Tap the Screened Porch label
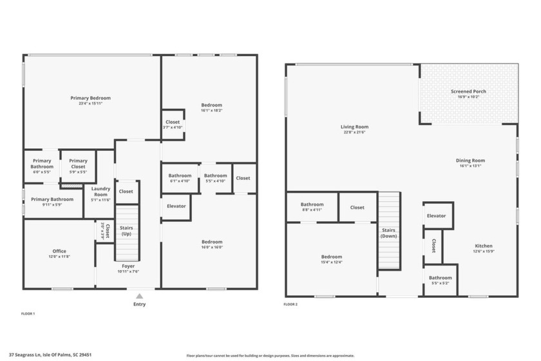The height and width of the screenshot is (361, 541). (468, 92)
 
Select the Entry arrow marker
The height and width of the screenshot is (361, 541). (139, 296)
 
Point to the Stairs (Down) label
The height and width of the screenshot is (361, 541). (389, 233)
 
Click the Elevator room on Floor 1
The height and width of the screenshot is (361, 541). (176, 206)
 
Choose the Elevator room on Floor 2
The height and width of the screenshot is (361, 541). (436, 216)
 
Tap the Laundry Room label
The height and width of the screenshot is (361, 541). (100, 192)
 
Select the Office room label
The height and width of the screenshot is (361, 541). (59, 251)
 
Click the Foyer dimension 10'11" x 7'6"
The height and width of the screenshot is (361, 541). (129, 271)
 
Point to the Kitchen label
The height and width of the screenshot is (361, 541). (483, 246)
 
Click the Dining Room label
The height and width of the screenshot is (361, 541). (471, 161)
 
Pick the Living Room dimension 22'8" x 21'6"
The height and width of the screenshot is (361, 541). (354, 132)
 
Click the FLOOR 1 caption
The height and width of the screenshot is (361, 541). (28, 313)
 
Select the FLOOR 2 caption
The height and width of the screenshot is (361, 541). (290, 304)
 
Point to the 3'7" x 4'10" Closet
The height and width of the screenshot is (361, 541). (173, 124)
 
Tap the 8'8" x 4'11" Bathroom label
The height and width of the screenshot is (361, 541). (312, 207)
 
